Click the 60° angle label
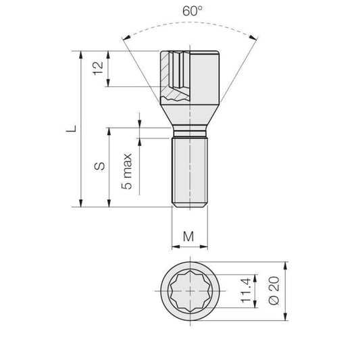[x=192, y=11]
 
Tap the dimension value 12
[x=98, y=68]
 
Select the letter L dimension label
[x=72, y=128]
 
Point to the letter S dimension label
[x=99, y=165]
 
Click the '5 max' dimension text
[x=127, y=172]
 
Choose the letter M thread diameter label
[x=188, y=236]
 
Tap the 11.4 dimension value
[x=245, y=290]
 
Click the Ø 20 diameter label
[x=274, y=290]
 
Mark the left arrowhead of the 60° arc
[x=126, y=38]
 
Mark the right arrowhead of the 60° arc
[x=253, y=38]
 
